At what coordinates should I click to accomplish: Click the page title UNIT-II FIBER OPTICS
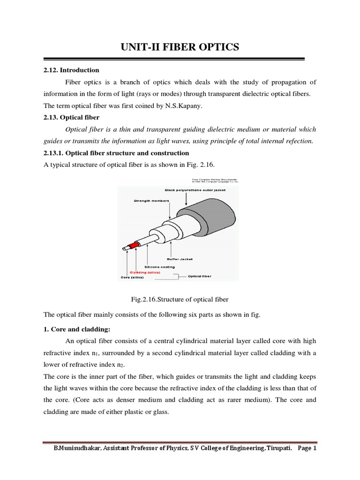click(x=180, y=47)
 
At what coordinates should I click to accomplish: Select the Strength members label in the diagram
click(x=146, y=200)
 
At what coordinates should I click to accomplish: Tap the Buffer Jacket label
click(x=180, y=259)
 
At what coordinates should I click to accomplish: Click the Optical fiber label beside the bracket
click(x=200, y=276)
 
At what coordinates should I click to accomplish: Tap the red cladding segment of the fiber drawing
click(x=135, y=245)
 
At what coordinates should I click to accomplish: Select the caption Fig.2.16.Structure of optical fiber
click(x=180, y=299)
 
